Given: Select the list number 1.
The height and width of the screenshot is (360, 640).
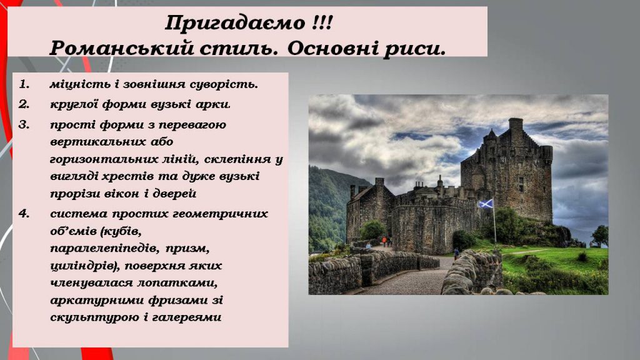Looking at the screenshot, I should pyautogui.click(x=24, y=84).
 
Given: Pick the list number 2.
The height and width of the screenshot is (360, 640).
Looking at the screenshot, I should pyautogui.click(x=24, y=104).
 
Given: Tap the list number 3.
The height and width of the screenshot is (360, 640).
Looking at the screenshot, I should pyautogui.click(x=24, y=124).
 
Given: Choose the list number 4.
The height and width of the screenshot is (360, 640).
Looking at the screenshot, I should pyautogui.click(x=24, y=214).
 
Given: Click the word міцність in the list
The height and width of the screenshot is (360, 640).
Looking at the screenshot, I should pyautogui.click(x=74, y=84).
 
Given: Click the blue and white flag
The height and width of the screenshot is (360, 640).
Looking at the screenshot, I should pyautogui.click(x=486, y=204).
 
